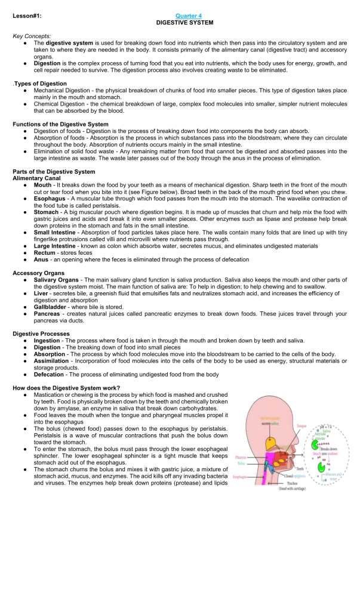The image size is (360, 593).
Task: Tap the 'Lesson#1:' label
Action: tap(27, 16)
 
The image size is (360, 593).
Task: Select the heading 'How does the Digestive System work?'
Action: tap(66, 387)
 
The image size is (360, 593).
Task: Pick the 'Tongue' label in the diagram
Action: tap(302, 425)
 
